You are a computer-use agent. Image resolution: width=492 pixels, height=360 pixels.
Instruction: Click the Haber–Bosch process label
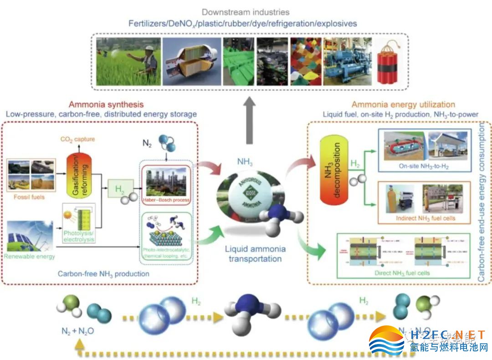click(x=165, y=200)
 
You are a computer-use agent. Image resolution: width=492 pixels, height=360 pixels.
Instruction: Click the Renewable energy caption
click(x=29, y=257)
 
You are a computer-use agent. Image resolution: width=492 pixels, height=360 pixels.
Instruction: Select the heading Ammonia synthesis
click(x=106, y=105)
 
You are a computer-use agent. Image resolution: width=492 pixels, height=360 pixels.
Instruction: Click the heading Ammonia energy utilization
click(x=397, y=105)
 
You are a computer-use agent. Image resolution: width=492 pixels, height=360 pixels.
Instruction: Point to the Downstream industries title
click(x=246, y=12)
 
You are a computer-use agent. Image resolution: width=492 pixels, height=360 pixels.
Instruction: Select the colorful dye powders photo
click(x=305, y=61)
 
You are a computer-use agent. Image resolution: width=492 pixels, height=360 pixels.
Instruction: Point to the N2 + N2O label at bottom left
click(x=77, y=331)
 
